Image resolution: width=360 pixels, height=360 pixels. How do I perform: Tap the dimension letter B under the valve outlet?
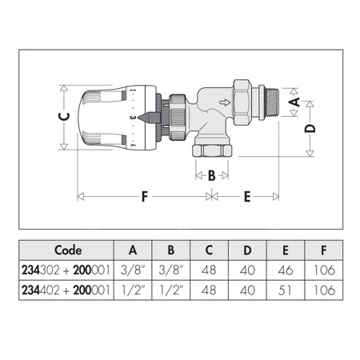pyautogui.click(x=212, y=176)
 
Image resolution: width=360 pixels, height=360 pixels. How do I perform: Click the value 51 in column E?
pyautogui.click(x=283, y=291)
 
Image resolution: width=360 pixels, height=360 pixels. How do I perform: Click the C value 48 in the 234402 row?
pyautogui.click(x=210, y=291)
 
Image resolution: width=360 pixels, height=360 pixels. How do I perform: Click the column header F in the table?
pyautogui.click(x=324, y=248)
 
